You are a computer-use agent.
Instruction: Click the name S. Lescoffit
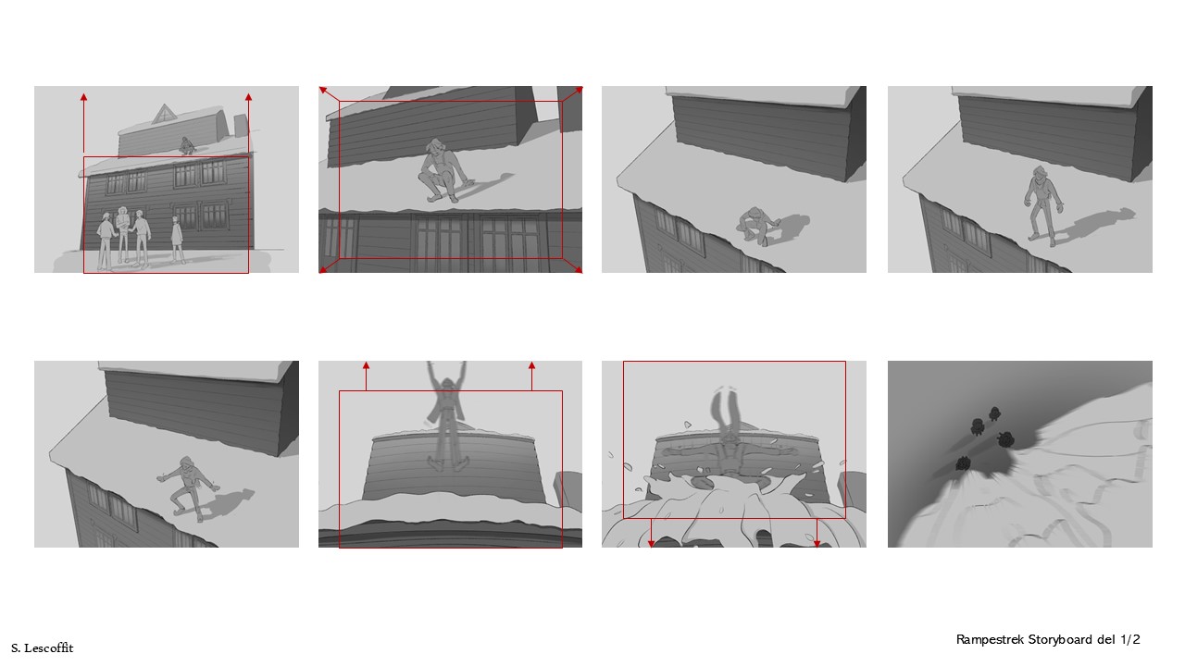click(43, 648)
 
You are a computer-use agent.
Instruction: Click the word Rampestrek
click(990, 640)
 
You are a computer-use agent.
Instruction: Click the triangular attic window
click(164, 115)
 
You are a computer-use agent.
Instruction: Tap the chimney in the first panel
click(241, 125)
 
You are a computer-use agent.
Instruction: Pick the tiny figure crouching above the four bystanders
click(186, 146)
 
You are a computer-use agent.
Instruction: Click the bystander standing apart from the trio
click(177, 240)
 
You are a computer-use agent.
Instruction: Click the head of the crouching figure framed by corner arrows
click(435, 147)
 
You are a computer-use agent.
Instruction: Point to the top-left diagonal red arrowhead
click(323, 91)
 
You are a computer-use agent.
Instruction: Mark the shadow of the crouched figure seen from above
click(791, 226)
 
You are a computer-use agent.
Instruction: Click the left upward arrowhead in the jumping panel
click(366, 365)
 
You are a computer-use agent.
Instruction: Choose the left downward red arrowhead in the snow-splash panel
click(651, 543)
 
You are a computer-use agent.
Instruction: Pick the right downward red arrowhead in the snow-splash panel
click(817, 543)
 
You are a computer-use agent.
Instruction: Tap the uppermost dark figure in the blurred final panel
click(994, 413)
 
